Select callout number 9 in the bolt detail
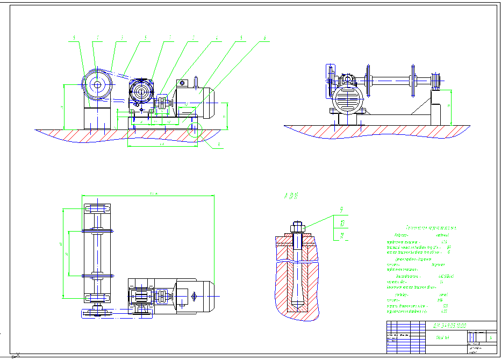tap(341, 210)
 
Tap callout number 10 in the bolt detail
tap(341, 222)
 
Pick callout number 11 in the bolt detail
tap(341, 235)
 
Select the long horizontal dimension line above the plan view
tap(148, 196)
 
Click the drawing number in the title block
tap(449, 326)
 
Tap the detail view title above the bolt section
tap(290, 197)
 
